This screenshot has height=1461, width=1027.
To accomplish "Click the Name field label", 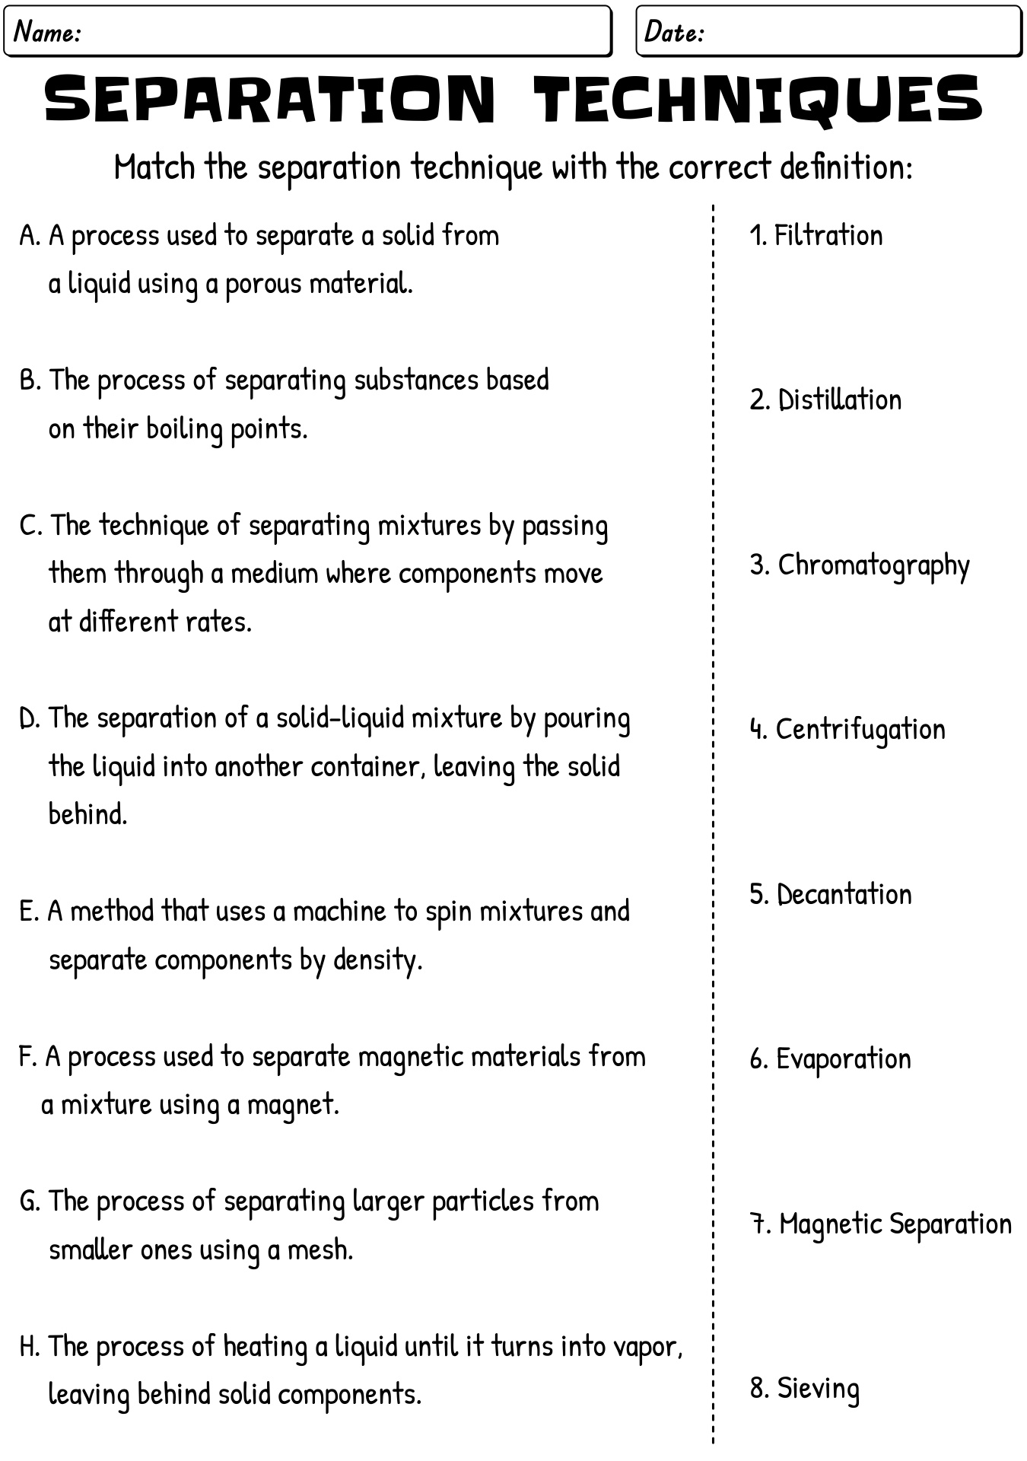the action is point(48,32).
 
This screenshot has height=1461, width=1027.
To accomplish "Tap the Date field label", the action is point(674,32).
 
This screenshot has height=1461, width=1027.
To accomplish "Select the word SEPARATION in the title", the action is point(270,100).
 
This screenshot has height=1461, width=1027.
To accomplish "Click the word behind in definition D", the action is point(87,814).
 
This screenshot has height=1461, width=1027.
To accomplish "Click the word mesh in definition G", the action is point(320,1250).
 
